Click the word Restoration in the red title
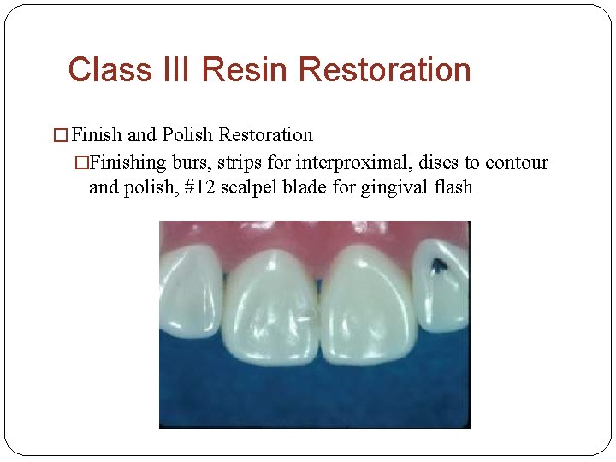coord(386,69)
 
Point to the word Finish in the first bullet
coord(98,135)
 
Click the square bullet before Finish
coord(60,136)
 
